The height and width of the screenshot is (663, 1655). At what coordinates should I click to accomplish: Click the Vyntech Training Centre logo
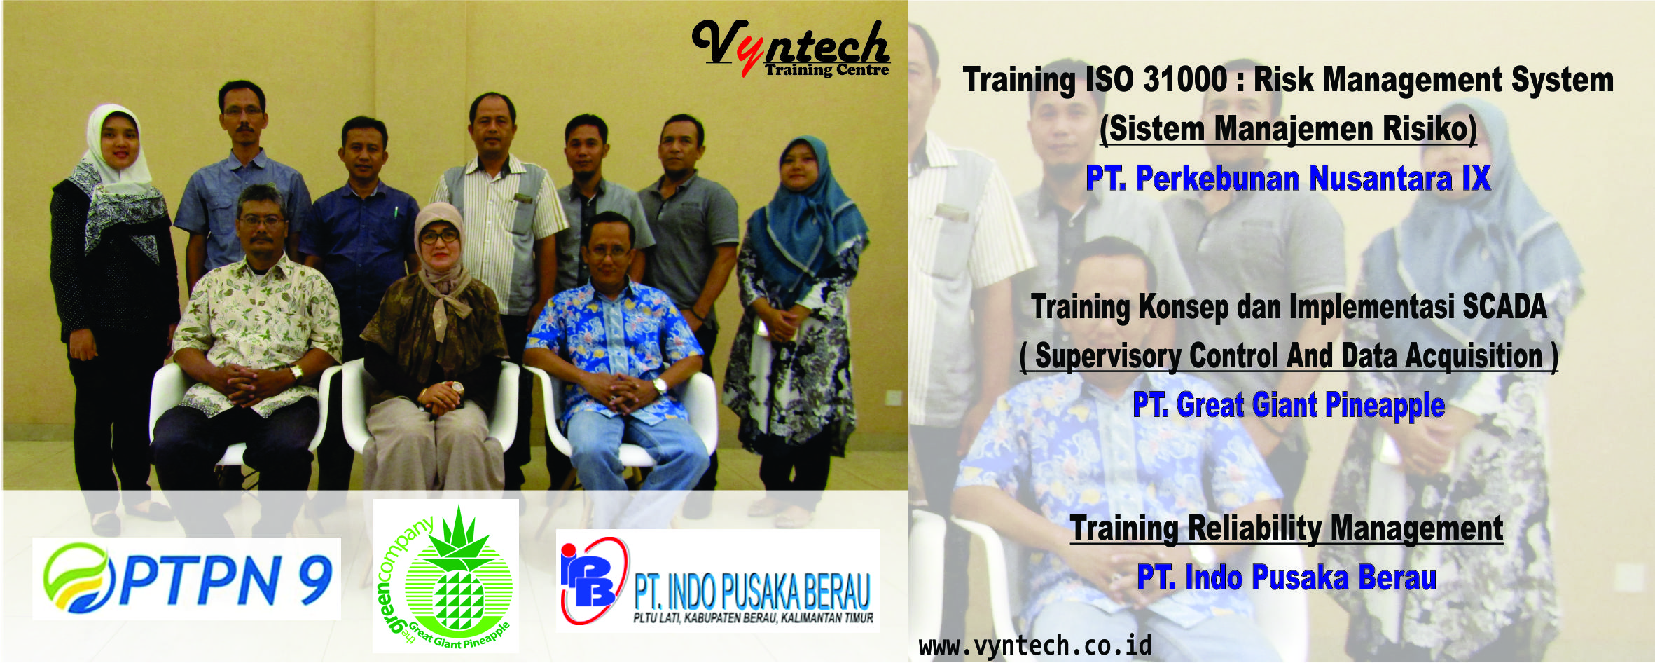791,48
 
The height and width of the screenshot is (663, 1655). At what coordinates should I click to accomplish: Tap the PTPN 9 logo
187,578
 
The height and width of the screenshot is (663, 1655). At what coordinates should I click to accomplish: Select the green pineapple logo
445,576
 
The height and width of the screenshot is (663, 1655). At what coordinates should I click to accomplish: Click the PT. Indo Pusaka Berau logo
717,581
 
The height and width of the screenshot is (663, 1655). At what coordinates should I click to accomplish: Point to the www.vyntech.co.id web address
1035,645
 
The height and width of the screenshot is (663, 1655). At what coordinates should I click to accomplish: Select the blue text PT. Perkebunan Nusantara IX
1288,178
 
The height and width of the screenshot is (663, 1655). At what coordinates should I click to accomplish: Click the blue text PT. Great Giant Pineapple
1289,405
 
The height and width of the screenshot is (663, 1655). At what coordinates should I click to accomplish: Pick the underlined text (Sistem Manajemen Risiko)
1288,129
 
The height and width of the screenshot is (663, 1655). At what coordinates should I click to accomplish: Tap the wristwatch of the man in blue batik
660,385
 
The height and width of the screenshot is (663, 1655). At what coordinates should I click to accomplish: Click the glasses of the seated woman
439,236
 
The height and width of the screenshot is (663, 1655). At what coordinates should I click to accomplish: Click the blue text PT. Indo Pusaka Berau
1287,577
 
